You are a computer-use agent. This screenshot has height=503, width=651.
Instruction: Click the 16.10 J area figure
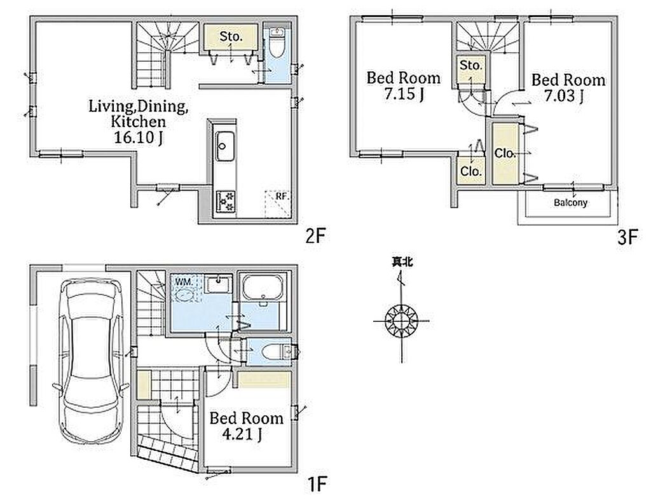(x=138, y=137)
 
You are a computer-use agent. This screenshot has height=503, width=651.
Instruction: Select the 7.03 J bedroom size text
(x=565, y=96)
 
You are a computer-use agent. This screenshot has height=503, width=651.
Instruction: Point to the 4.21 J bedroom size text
(x=242, y=434)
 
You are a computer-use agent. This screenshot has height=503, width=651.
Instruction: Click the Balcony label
(x=570, y=203)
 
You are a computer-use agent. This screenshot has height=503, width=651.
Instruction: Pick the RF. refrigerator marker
(x=282, y=196)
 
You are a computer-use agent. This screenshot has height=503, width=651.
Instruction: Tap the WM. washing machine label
(x=184, y=282)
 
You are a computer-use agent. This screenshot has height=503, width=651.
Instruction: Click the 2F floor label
(x=315, y=237)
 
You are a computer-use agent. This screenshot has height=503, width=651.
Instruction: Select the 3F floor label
(x=627, y=238)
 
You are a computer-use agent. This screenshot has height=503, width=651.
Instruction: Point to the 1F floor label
(x=318, y=484)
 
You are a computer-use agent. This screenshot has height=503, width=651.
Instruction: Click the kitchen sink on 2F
(x=225, y=146)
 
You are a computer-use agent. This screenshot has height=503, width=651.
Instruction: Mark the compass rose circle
(x=401, y=321)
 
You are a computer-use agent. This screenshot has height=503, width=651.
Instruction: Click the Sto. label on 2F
(x=231, y=36)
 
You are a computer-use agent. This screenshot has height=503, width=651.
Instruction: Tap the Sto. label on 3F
(x=471, y=65)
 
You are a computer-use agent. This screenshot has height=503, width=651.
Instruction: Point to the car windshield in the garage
(x=90, y=305)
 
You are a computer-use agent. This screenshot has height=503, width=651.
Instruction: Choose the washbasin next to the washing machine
(x=219, y=285)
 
